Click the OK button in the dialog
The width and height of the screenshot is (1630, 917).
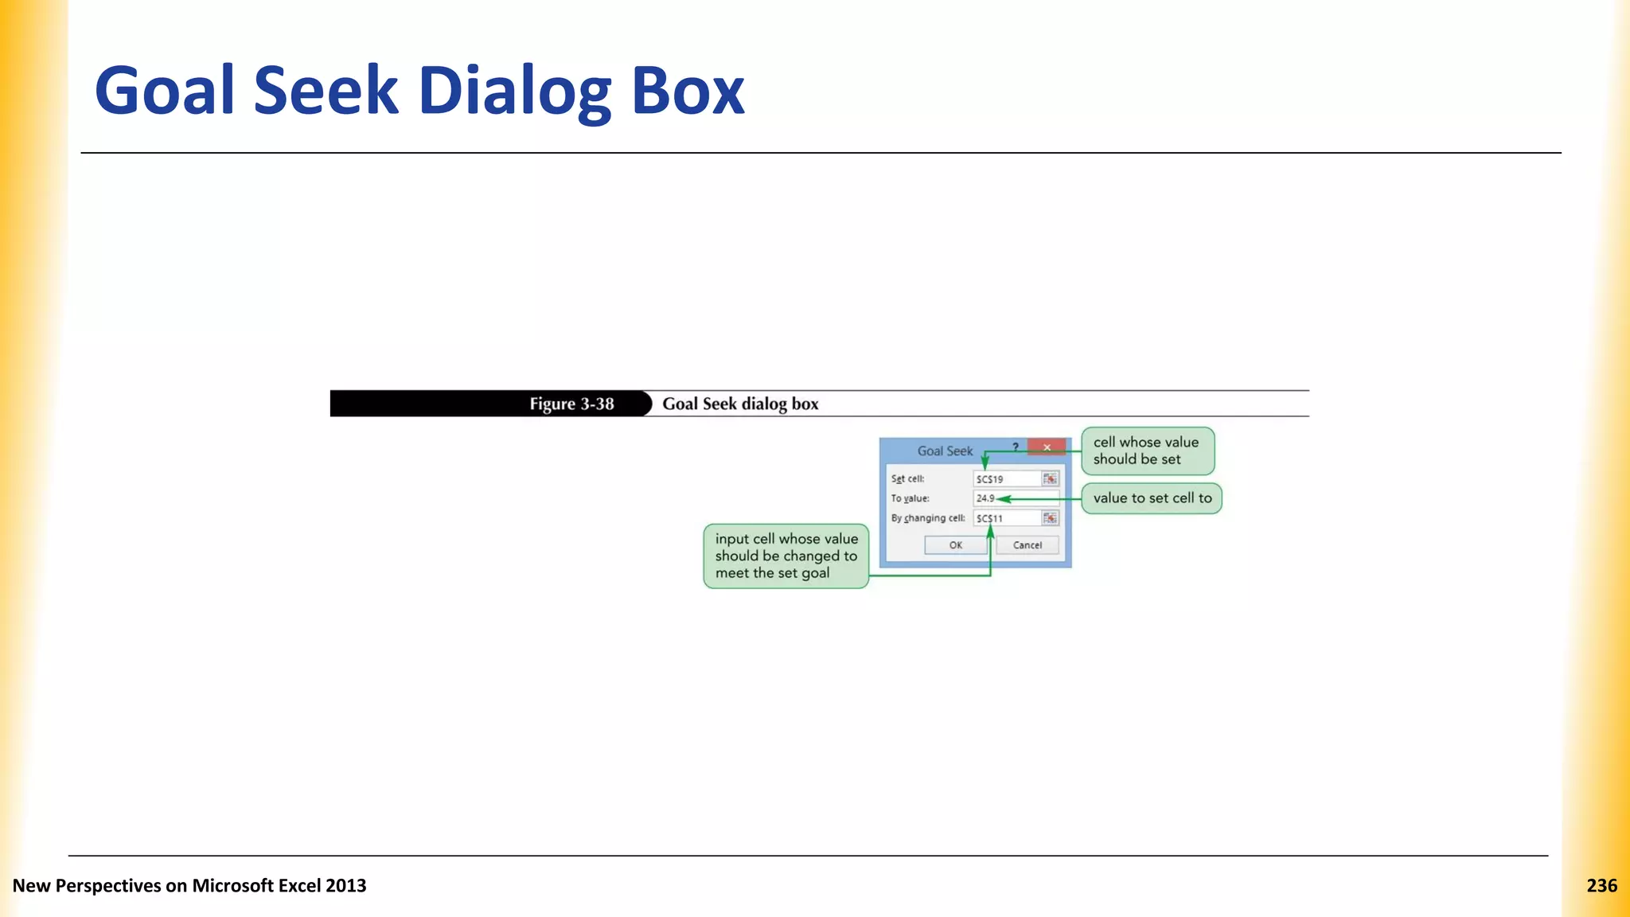(955, 545)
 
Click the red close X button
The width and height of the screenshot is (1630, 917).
(1047, 447)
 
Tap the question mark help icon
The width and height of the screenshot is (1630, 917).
(1016, 447)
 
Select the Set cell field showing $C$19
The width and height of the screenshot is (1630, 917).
(1007, 479)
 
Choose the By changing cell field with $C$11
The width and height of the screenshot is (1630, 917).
(1007, 518)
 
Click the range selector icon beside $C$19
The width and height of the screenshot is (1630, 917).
(1051, 479)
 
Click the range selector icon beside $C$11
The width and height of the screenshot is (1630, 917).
(1051, 518)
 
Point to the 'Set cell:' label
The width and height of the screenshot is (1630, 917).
(907, 479)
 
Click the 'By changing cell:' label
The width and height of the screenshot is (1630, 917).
(927, 518)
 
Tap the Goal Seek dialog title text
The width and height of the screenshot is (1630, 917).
(945, 451)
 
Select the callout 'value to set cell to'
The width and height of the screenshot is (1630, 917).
(1152, 498)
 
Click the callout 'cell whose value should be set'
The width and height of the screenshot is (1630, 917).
(1147, 451)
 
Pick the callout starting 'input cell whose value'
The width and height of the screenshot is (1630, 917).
(786, 556)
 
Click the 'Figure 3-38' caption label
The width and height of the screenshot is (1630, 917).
(571, 404)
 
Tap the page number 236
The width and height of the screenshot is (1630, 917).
(1601, 885)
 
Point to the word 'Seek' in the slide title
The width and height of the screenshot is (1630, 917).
(326, 91)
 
